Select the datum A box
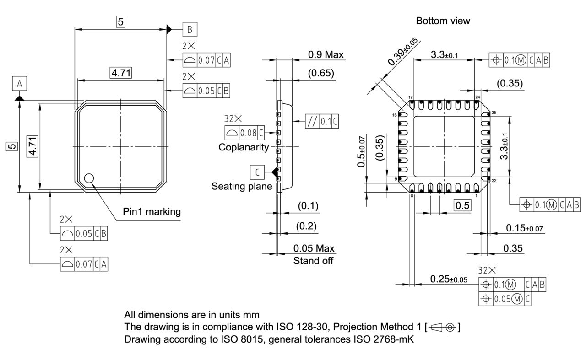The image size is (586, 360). coord(19,84)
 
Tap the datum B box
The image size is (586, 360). coord(190,29)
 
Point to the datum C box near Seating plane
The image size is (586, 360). coord(257,172)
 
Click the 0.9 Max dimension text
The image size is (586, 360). coord(326,54)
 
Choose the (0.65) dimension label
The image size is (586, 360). coord(320,73)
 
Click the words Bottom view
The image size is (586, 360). coord(443,21)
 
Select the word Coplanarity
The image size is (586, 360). coord(244,147)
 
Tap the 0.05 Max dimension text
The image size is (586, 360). coord(314,248)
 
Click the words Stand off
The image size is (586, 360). coord(313,261)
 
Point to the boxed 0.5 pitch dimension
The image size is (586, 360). coord(463,205)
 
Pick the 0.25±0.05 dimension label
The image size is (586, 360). coord(449,279)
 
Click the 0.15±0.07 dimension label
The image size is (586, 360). coord(525,228)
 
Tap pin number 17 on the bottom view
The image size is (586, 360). coord(411,97)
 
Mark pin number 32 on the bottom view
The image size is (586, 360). coord(494,181)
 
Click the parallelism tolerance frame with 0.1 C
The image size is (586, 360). coord(322,122)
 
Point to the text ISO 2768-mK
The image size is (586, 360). coord(385,339)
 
